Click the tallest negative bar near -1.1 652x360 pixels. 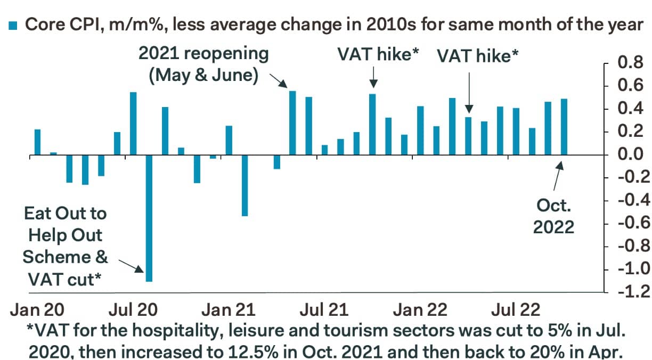(x=149, y=218)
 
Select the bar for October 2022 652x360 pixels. (x=564, y=127)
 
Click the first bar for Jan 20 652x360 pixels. (x=37, y=142)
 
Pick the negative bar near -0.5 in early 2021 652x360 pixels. (x=244, y=185)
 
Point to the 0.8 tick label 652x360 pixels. (x=630, y=63)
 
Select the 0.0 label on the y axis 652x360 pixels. (x=630, y=155)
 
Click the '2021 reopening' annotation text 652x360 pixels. (x=203, y=54)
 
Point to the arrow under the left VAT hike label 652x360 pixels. (x=373, y=76)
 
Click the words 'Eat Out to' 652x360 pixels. (x=65, y=214)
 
